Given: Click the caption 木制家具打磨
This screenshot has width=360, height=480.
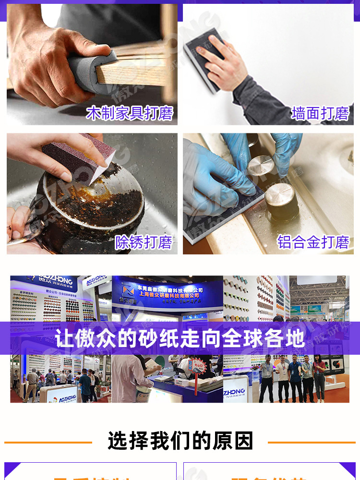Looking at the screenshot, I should tap(130, 113).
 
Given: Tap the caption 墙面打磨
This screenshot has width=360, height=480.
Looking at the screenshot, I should tap(320, 113).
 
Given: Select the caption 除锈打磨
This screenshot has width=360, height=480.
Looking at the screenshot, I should tap(144, 242).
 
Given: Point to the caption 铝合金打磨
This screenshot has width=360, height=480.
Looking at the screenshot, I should tap(313, 242).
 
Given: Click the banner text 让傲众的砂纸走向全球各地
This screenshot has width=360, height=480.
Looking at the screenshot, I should tap(180, 338).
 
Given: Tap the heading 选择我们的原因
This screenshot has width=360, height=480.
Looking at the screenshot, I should tap(180, 441).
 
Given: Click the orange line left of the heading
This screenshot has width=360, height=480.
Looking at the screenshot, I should tap(48, 442).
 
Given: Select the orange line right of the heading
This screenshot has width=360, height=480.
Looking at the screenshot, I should tap(312, 442).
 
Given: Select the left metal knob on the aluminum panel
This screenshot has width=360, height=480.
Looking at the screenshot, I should tap(261, 166).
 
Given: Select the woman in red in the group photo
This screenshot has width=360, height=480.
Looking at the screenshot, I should tap(319, 374).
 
